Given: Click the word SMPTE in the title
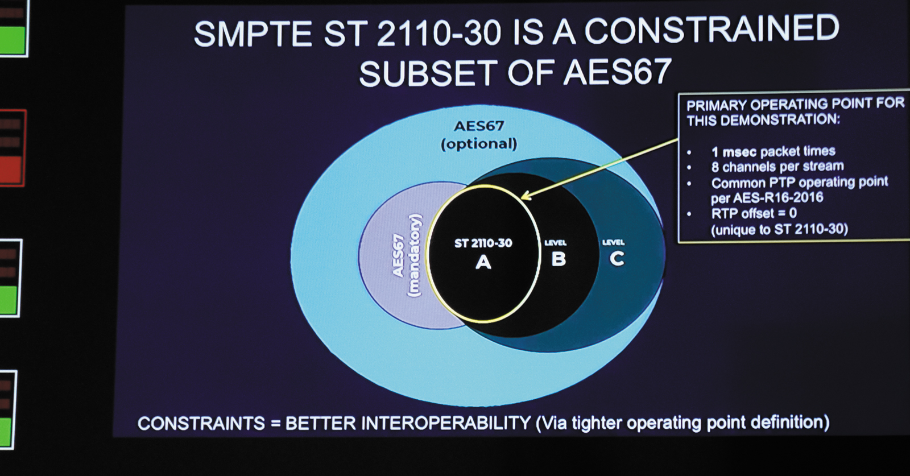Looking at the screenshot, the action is (253, 34).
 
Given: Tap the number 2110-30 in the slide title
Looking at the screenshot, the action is (439, 34).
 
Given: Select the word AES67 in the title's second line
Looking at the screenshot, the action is (617, 72).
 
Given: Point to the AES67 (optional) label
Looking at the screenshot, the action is (479, 135).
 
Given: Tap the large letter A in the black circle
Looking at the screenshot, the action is (483, 262).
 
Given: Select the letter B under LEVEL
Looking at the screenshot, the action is (559, 259).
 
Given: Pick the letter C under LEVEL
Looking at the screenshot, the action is (617, 258).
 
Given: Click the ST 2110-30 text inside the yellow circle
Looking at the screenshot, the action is (483, 243).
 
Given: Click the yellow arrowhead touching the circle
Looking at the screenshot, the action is (526, 196).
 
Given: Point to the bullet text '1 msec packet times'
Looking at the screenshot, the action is (773, 152).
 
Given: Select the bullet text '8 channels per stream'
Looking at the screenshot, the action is (777, 167).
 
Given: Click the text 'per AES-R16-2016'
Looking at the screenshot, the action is (767, 198).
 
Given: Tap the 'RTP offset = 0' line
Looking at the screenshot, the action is (754, 213).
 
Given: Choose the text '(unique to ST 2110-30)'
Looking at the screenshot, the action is (779, 230).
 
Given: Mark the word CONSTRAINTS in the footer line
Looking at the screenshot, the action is (201, 424).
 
